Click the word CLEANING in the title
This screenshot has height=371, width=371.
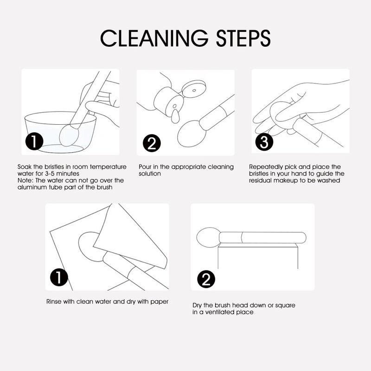[x=154, y=38]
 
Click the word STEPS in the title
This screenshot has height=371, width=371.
[x=243, y=38]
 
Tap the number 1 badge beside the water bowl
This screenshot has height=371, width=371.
[x=34, y=141]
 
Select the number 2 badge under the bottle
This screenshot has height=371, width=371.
[x=152, y=143]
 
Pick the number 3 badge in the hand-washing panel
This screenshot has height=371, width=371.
[x=264, y=142]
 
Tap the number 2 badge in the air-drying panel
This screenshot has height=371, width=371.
[x=206, y=279]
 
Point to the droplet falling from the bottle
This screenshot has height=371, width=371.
[x=175, y=117]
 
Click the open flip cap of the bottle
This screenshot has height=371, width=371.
[x=194, y=87]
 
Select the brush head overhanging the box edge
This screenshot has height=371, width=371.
[x=208, y=237]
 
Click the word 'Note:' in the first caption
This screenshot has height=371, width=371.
[x=26, y=180]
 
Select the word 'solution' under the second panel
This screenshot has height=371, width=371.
[x=150, y=173]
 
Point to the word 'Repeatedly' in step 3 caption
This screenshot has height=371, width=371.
[x=266, y=167]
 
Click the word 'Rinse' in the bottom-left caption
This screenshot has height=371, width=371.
[x=53, y=302]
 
